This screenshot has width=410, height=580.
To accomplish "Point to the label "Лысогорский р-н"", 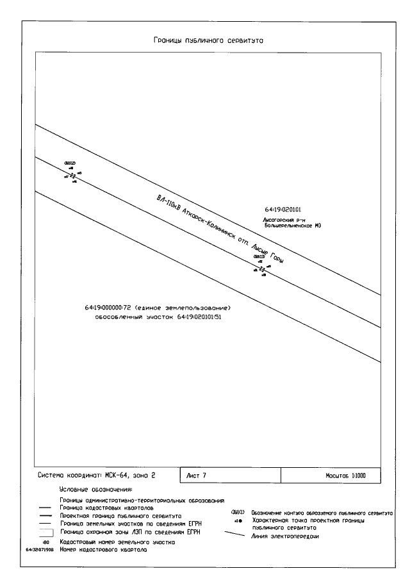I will click(281, 219).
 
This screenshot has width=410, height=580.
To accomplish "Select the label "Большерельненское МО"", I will click(291, 226).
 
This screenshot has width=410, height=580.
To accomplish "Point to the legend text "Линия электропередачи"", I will click(284, 536).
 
